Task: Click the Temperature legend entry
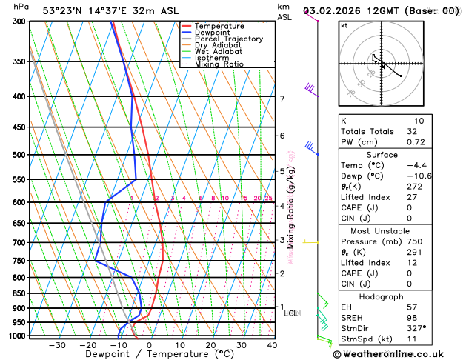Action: [x=220, y=26]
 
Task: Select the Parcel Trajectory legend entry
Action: [x=228, y=39]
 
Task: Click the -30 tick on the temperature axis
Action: [x=56, y=345]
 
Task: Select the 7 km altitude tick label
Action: [x=282, y=99]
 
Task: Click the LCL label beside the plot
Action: [x=290, y=313]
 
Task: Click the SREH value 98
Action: [x=412, y=317]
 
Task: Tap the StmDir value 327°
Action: [x=416, y=327]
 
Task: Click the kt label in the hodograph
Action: [x=344, y=26]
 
